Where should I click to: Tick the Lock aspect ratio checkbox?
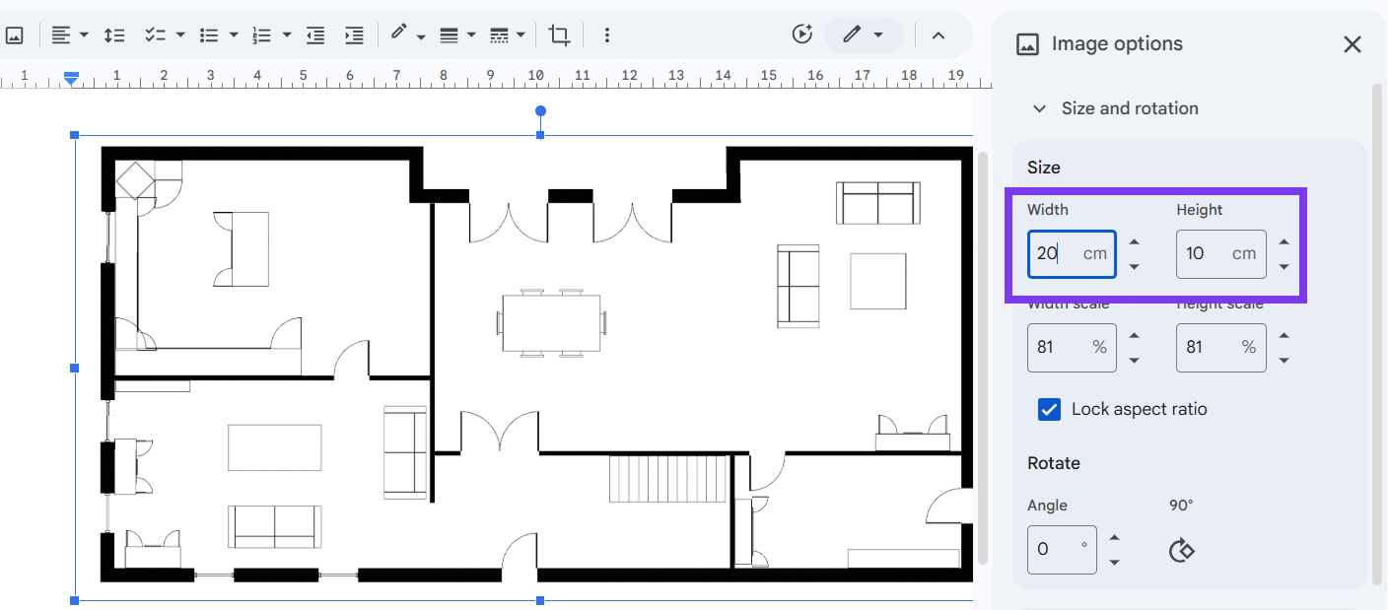(x=1049, y=410)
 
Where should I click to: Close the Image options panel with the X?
(x=1352, y=44)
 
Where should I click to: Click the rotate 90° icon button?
(x=1181, y=550)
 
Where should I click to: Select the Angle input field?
(x=1056, y=549)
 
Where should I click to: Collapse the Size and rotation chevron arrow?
(x=1039, y=109)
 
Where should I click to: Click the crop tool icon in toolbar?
(x=559, y=35)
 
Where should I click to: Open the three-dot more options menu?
(x=606, y=35)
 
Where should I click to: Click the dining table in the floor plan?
(x=551, y=322)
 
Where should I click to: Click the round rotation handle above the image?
(x=540, y=111)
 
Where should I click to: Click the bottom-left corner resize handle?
(x=74, y=600)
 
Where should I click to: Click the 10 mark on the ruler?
(x=535, y=75)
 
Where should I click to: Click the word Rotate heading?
(x=1054, y=463)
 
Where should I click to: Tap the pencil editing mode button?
(x=863, y=35)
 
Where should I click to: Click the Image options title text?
(x=1117, y=44)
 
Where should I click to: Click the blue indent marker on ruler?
(x=71, y=78)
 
